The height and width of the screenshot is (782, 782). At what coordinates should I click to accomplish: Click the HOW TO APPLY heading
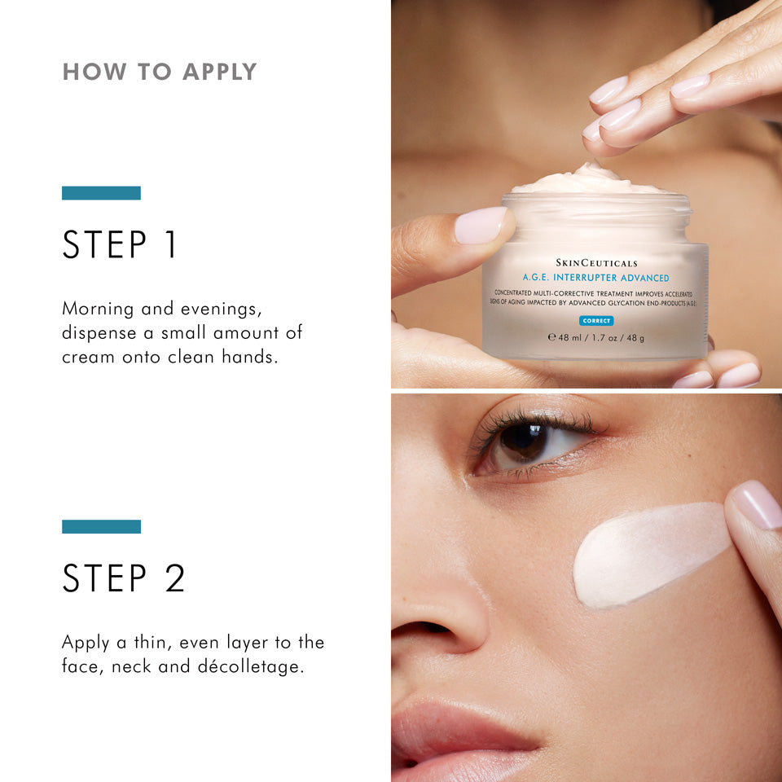(x=160, y=72)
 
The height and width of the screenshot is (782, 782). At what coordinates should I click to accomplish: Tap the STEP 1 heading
(x=120, y=244)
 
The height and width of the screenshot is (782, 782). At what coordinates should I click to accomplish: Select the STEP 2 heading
(x=124, y=578)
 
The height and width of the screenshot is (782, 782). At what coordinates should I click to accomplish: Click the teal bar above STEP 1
(x=101, y=193)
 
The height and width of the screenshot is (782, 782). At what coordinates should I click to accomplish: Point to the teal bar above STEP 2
(x=101, y=527)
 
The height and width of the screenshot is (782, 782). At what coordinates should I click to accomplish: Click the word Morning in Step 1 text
(x=96, y=310)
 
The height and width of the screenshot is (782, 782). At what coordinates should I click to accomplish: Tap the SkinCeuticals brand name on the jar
(x=596, y=262)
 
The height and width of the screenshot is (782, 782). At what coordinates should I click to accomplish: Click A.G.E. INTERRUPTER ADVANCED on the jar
(x=595, y=278)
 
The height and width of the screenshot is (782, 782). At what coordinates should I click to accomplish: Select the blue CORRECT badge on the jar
(x=596, y=320)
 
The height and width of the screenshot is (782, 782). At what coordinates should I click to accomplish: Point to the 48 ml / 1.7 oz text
(x=595, y=337)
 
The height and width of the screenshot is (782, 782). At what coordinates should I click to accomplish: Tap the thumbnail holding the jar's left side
(x=481, y=225)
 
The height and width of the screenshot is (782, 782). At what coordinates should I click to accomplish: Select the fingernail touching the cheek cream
(x=758, y=503)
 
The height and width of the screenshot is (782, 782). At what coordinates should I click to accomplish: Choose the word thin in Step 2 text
(x=145, y=642)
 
